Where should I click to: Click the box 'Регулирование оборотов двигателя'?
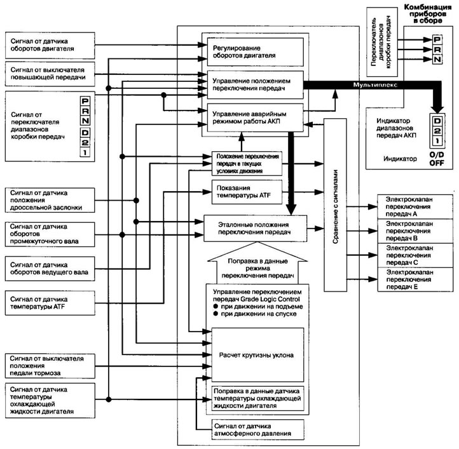pyautogui.click(x=256, y=52)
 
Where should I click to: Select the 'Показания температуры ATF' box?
pyautogui.click(x=247, y=192)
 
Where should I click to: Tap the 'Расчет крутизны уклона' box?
pyautogui.click(x=257, y=355)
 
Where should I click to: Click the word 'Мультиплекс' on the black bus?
pyautogui.click(x=375, y=85)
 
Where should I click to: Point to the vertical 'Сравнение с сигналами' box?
pyautogui.click(x=335, y=204)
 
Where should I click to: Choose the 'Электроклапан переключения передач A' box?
pyautogui.click(x=415, y=206)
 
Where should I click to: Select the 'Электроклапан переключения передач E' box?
pyautogui.click(x=415, y=279)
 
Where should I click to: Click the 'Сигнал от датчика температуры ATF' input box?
pyautogui.click(x=50, y=303)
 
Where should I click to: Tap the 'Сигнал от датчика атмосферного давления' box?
pyautogui.click(x=258, y=429)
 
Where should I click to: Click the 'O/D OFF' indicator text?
pyautogui.click(x=437, y=159)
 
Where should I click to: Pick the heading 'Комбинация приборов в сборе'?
pyautogui.click(x=428, y=14)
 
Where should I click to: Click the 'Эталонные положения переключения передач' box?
pyautogui.click(x=256, y=229)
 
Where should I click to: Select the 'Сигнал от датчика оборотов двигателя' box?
pyautogui.click(x=50, y=45)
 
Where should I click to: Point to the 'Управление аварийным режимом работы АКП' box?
pyautogui.click(x=256, y=117)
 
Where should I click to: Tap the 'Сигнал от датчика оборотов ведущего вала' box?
pyautogui.click(x=50, y=269)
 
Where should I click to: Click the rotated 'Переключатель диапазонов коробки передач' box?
pyautogui.click(x=382, y=42)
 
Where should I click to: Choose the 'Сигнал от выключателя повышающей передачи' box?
pyautogui.click(x=50, y=74)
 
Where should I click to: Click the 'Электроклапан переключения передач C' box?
pyautogui.click(x=415, y=255)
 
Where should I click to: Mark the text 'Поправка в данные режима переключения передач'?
pyautogui.click(x=257, y=268)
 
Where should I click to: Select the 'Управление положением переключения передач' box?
pyautogui.click(x=256, y=84)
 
